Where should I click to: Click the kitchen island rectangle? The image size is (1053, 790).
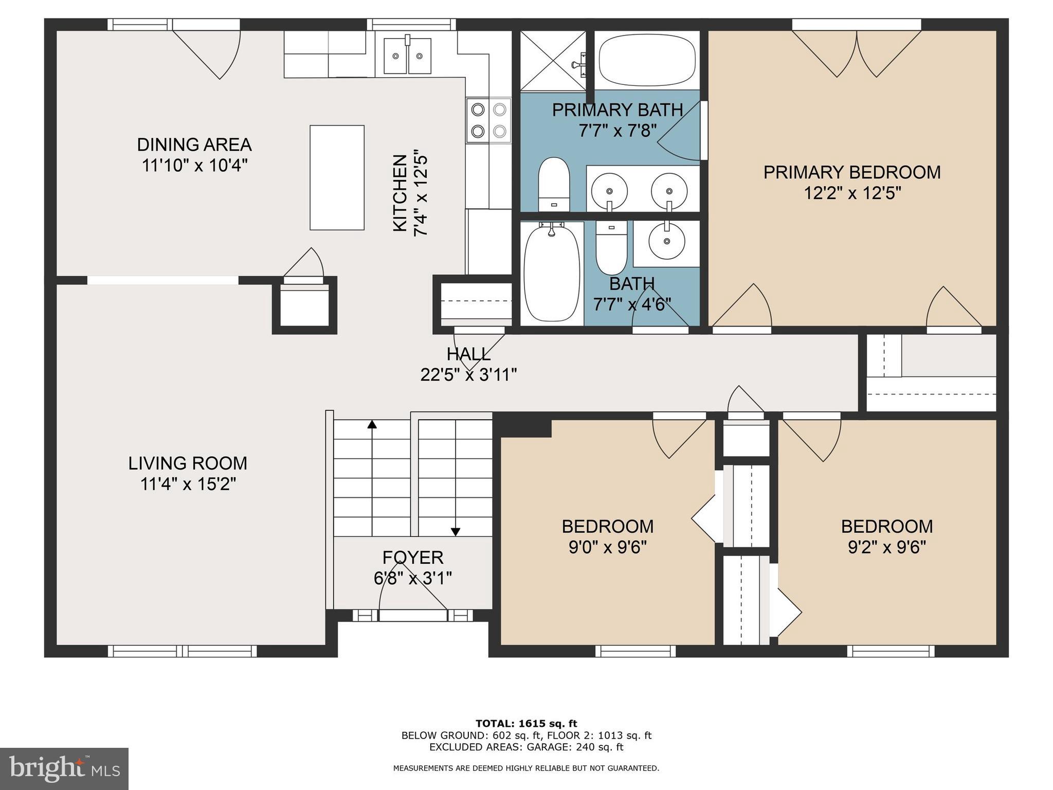337,177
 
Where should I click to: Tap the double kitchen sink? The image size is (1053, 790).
407,56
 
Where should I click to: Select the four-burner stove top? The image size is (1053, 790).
488,120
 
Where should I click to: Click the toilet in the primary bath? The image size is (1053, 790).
554,184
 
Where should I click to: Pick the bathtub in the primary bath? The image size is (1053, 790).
647,60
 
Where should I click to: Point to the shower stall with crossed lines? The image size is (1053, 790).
553,61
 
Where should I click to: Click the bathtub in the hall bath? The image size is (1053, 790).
551,273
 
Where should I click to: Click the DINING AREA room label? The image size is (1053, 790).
194,145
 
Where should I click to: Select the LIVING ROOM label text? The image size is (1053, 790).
188,463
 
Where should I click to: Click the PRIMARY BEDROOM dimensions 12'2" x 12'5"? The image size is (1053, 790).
852,193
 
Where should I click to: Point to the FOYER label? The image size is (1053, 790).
413,558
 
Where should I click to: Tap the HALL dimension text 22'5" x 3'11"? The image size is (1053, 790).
468,375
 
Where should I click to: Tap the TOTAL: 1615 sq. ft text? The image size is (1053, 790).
526,724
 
